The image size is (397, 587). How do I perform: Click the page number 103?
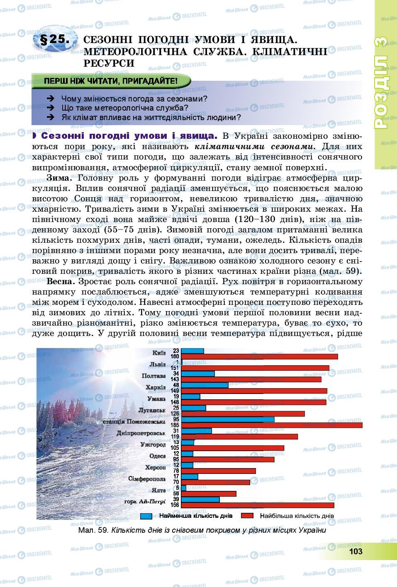pos(356,551)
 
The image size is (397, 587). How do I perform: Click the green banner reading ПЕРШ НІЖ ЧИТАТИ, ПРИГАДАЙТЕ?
pos(111,81)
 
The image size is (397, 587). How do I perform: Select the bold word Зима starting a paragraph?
pos(59,178)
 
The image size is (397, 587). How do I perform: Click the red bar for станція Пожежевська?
pos(272,425)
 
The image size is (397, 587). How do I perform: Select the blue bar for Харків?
pos(205,385)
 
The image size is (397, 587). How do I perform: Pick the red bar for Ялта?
pos(209,494)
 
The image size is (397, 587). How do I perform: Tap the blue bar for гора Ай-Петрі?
pos(200,499)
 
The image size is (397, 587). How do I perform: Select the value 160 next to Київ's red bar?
pos(175,357)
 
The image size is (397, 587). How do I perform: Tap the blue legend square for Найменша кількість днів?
pos(146,516)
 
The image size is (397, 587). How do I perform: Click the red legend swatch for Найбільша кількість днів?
pos(247,516)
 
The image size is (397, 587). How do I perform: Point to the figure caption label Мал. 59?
pos(93,530)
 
